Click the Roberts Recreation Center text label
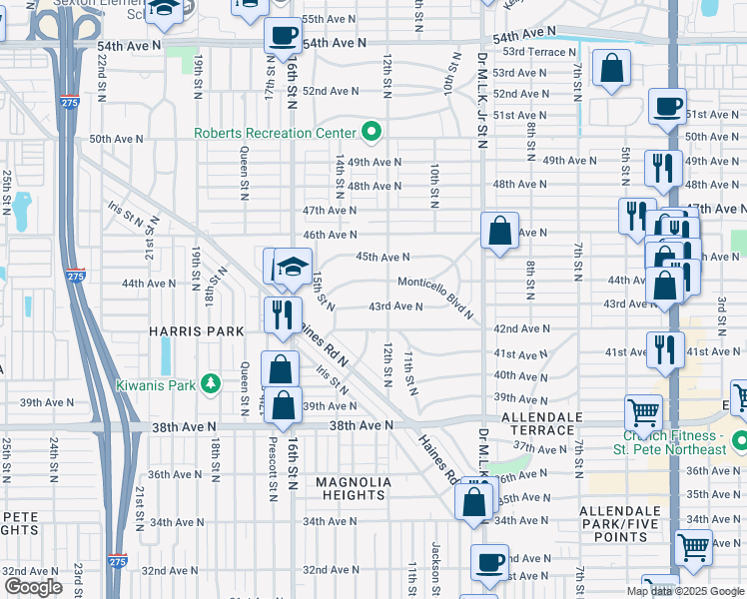pos(274,133)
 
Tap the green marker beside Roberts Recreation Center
pos(372,132)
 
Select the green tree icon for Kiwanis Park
pos(210,382)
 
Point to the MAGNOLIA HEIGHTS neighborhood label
pos(352,489)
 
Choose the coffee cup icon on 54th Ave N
pos(283,37)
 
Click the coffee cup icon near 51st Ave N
pos(666,106)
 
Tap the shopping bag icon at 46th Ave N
pos(499,231)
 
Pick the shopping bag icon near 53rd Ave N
pos(611,69)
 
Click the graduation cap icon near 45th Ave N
pos(294,266)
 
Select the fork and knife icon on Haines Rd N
pos(283,314)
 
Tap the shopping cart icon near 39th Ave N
pos(643,411)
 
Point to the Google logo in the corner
pos(33,586)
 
